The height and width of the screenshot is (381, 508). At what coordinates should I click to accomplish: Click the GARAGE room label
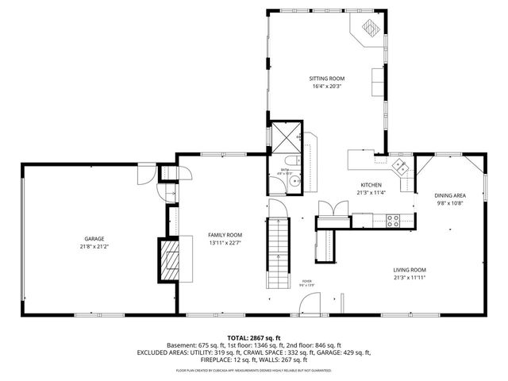click(x=94, y=239)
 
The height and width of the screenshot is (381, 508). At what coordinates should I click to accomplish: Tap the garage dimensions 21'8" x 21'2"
click(x=94, y=246)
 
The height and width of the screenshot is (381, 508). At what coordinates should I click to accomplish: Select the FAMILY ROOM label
click(x=225, y=235)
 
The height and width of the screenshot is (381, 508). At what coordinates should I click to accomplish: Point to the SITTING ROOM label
click(x=327, y=79)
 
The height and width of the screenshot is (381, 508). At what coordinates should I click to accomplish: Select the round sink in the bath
click(x=295, y=182)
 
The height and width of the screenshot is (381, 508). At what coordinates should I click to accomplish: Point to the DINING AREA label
click(x=449, y=195)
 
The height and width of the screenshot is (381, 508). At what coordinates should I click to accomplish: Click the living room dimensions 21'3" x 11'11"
click(x=410, y=278)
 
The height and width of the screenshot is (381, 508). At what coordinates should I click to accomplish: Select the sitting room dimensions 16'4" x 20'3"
click(x=327, y=87)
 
